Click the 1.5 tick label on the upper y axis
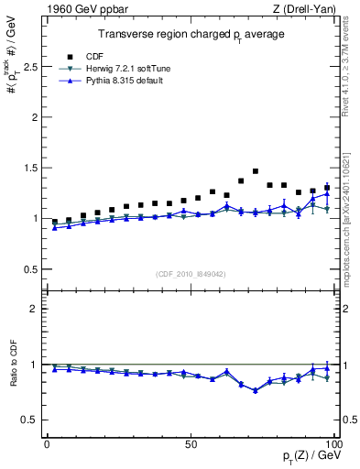pyautogui.click(x=28, y=169)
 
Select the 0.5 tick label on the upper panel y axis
pyautogui.click(x=28, y=269)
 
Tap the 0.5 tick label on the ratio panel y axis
pyautogui.click(x=28, y=420)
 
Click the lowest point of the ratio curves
pyautogui.click(x=256, y=390)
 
